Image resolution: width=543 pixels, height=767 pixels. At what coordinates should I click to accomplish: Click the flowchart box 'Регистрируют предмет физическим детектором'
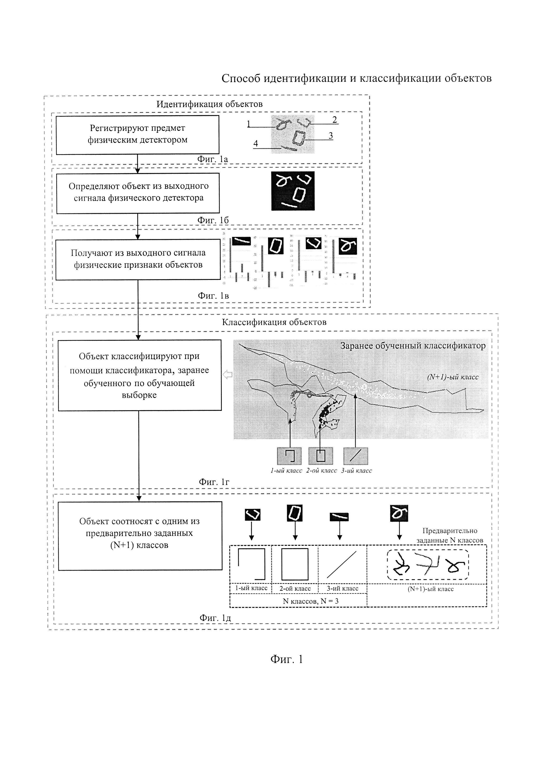pyautogui.click(x=138, y=135)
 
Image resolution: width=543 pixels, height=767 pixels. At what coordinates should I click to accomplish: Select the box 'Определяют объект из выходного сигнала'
pyautogui.click(x=138, y=193)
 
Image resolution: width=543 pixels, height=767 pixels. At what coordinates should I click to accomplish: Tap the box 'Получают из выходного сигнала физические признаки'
pyautogui.click(x=138, y=259)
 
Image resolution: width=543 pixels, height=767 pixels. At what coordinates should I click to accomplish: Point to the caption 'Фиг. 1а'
pyautogui.click(x=212, y=159)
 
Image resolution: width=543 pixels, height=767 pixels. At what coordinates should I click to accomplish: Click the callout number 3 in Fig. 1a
pyautogui.click(x=330, y=135)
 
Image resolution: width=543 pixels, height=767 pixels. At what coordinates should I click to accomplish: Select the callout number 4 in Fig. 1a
pyautogui.click(x=256, y=144)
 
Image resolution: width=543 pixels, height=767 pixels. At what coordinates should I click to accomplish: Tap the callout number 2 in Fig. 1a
pyautogui.click(x=334, y=119)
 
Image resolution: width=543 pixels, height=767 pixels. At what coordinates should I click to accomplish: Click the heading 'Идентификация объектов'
pyautogui.click(x=209, y=104)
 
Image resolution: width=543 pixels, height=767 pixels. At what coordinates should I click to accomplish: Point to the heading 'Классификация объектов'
pyautogui.click(x=274, y=322)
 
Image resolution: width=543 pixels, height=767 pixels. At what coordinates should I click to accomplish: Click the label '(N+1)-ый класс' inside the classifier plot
pyautogui.click(x=453, y=377)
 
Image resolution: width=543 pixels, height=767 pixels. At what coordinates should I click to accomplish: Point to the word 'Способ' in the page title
pyautogui.click(x=241, y=78)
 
